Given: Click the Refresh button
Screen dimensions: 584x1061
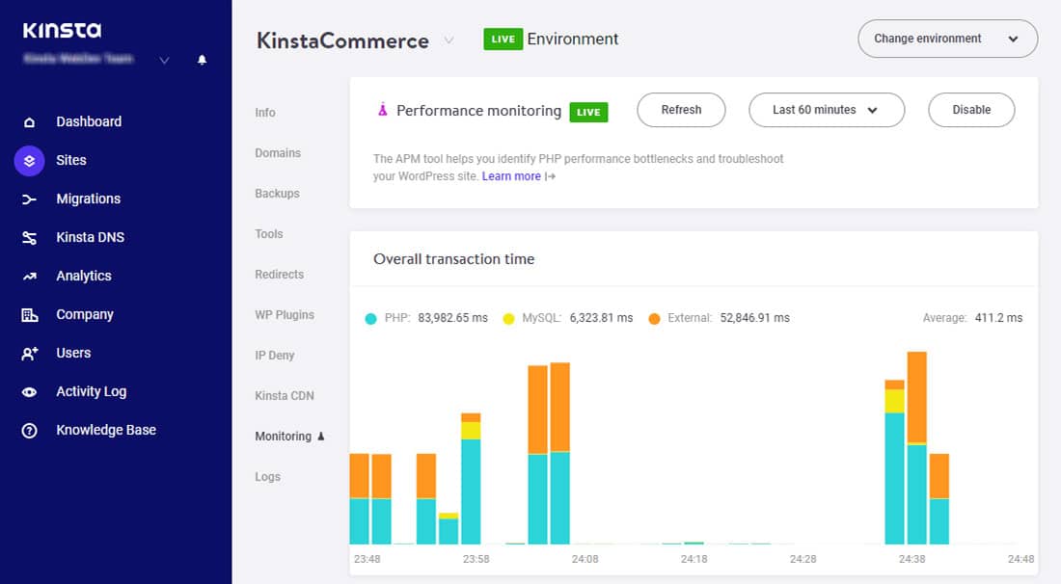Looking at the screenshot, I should click(x=681, y=110).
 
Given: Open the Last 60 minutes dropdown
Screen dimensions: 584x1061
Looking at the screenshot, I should click(x=826, y=110).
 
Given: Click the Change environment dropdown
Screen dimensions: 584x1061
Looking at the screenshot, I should click(x=946, y=39).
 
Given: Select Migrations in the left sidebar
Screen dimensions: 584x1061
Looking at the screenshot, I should click(x=88, y=199).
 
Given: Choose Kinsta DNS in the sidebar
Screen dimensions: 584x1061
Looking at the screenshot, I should click(x=90, y=237).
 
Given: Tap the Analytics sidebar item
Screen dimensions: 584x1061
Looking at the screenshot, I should click(x=83, y=276).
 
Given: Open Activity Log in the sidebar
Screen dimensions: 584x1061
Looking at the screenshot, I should click(x=91, y=391).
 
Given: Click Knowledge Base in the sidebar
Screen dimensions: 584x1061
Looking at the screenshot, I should click(x=105, y=430).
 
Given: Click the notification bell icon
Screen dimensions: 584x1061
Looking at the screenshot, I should click(x=202, y=60).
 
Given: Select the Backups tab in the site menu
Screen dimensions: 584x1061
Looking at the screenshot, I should click(x=277, y=194).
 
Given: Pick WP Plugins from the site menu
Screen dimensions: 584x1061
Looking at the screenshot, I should click(x=285, y=315).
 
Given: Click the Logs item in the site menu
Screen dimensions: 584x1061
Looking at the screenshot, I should click(x=267, y=477).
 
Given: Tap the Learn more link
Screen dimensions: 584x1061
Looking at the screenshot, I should click(x=511, y=176).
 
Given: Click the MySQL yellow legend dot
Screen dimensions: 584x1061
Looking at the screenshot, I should click(x=508, y=318).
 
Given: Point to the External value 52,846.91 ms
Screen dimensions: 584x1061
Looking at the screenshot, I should click(x=754, y=318).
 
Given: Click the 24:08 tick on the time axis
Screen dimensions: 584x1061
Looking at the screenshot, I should click(x=585, y=559).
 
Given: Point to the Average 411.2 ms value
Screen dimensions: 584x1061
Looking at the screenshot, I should click(x=998, y=318).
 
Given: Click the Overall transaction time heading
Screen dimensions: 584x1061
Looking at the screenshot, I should click(x=453, y=259).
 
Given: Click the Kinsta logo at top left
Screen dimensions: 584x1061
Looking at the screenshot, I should click(x=62, y=31).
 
